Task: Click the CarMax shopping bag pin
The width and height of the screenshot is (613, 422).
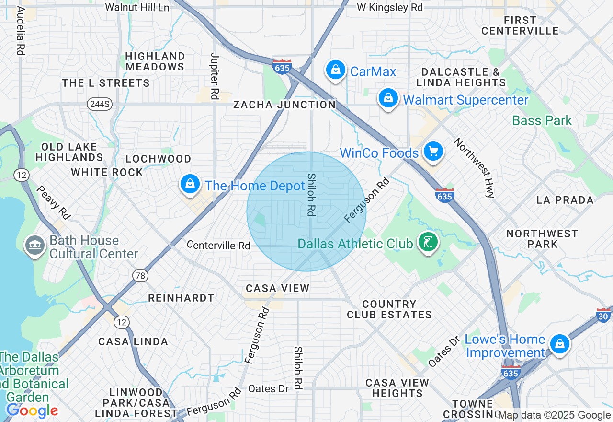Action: click(336, 70)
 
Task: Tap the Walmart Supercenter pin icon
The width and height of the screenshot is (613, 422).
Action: click(388, 98)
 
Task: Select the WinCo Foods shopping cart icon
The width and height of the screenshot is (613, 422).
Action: click(433, 152)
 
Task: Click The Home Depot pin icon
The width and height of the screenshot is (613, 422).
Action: click(191, 184)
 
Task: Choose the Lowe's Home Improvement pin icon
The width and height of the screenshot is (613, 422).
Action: click(559, 344)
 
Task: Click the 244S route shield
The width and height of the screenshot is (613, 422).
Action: click(100, 104)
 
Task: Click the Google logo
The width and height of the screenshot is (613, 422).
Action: click(32, 410)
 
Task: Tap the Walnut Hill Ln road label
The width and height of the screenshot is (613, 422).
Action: click(137, 7)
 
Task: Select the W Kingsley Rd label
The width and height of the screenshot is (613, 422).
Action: click(390, 7)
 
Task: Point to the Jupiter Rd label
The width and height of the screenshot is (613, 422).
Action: click(214, 76)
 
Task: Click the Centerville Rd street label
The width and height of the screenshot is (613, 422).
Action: click(218, 245)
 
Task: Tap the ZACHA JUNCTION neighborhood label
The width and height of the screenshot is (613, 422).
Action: click(284, 105)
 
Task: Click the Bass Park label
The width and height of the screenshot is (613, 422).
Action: click(542, 120)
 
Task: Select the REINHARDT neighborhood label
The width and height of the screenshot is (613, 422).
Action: click(181, 298)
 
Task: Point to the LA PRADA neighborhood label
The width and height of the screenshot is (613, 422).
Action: click(565, 200)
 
